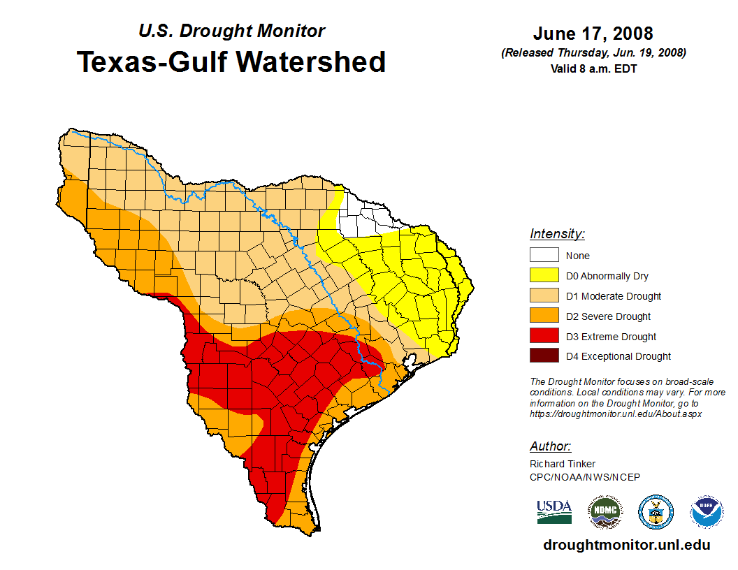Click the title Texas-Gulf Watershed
pyautogui.click(x=231, y=62)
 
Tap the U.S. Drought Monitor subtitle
pyautogui.click(x=231, y=31)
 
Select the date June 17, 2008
pyautogui.click(x=593, y=34)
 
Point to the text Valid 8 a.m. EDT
pyautogui.click(x=593, y=68)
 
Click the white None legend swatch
pyautogui.click(x=544, y=256)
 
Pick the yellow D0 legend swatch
pyautogui.click(x=544, y=276)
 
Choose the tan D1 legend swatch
pyautogui.click(x=544, y=296)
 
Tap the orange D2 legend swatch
pyautogui.click(x=544, y=316)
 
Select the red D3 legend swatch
pyautogui.click(x=544, y=337)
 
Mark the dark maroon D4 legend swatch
pyautogui.click(x=544, y=356)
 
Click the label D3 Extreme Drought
pyautogui.click(x=611, y=337)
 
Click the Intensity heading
pyautogui.click(x=557, y=234)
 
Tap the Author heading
pyautogui.click(x=550, y=446)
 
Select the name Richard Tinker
pyautogui.click(x=563, y=465)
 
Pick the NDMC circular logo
pyautogui.click(x=604, y=513)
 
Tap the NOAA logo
pyautogui.click(x=707, y=513)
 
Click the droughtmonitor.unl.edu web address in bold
pyautogui.click(x=626, y=546)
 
